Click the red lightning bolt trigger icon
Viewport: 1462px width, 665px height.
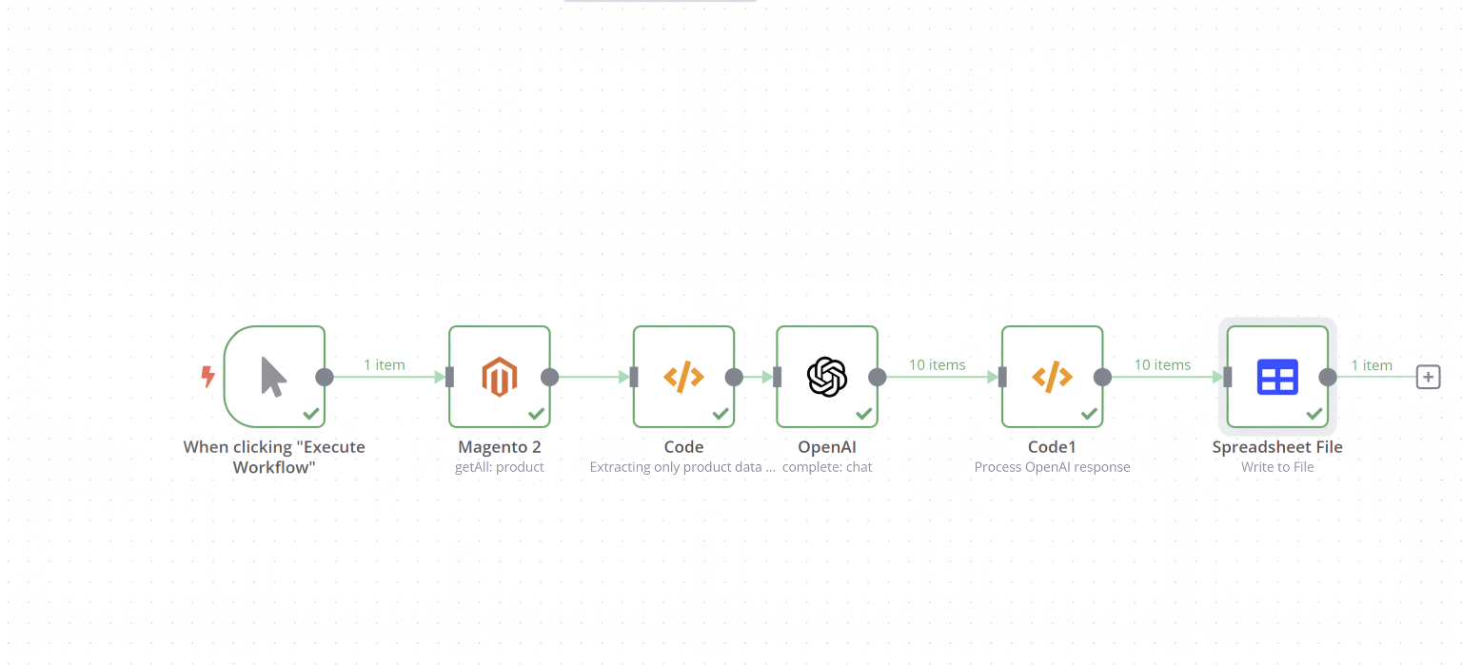point(208,377)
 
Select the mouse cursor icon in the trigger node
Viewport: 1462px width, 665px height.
point(273,377)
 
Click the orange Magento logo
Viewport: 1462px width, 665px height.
point(500,377)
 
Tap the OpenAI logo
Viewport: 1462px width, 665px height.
point(827,377)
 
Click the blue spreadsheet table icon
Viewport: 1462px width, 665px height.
point(1277,377)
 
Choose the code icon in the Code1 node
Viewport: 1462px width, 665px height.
point(1052,377)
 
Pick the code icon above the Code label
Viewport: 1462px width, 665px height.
point(683,377)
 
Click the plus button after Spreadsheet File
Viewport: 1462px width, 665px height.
point(1428,377)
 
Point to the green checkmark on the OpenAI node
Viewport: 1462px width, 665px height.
point(863,413)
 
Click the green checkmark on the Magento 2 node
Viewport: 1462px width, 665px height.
point(536,413)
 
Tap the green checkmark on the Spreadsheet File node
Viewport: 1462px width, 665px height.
point(1314,413)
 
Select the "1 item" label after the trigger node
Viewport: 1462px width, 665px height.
point(384,364)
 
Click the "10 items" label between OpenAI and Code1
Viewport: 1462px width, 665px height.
point(938,364)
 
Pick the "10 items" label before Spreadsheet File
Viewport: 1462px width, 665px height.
point(1162,364)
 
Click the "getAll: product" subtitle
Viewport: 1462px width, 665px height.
point(500,466)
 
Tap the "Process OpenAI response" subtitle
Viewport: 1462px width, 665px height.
point(1052,466)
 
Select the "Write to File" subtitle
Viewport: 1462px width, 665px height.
point(1277,466)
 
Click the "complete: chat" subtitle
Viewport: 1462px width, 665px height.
point(827,466)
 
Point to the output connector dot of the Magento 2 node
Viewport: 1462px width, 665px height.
point(549,377)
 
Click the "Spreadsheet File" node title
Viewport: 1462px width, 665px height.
point(1277,447)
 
